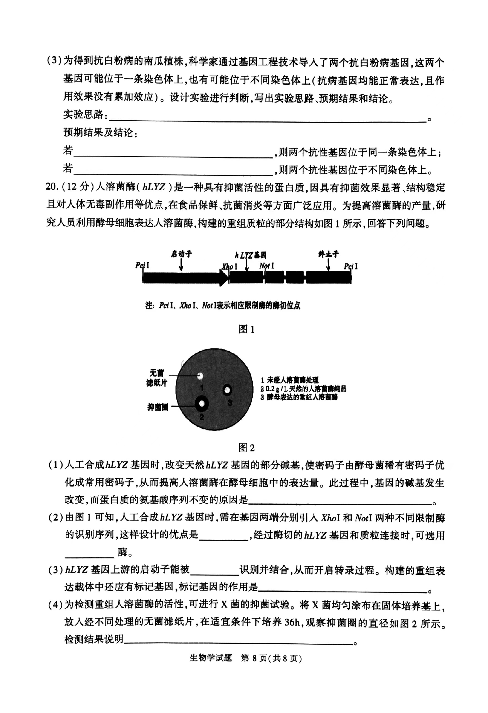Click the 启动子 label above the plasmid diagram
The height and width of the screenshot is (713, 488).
click(x=181, y=254)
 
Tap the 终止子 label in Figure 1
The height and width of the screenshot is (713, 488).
click(x=328, y=254)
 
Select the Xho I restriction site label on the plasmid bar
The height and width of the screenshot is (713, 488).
click(x=229, y=266)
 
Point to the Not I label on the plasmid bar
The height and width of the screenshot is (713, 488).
click(x=266, y=266)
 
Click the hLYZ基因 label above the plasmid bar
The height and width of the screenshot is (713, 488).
click(x=250, y=255)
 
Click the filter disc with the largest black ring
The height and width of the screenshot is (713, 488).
click(x=202, y=403)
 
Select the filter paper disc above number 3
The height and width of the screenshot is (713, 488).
click(x=227, y=390)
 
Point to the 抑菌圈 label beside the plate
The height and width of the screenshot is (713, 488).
click(x=158, y=407)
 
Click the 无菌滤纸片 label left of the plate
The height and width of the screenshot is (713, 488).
click(x=157, y=378)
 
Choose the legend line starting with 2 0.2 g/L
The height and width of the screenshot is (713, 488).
click(x=303, y=389)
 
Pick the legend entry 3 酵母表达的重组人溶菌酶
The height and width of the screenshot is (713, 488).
click(x=299, y=397)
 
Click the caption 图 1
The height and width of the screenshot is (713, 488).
click(x=246, y=329)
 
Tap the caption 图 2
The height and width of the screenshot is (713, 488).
click(x=246, y=448)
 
